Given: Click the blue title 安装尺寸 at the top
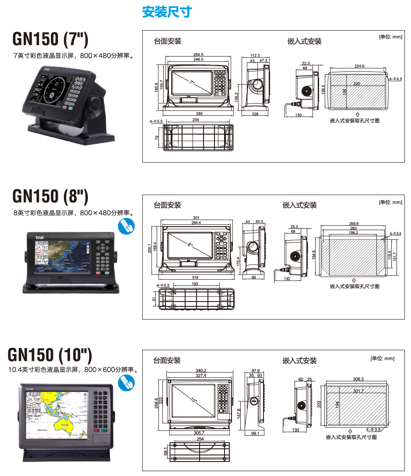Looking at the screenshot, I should [167, 12].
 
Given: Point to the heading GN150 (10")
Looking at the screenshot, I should [50, 354].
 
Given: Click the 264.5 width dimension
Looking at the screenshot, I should [198, 55].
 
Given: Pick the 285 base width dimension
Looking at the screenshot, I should [199, 114].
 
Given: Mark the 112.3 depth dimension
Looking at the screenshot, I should [255, 55].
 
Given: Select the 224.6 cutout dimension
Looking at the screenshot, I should [359, 66].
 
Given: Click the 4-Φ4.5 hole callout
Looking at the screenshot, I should [395, 79].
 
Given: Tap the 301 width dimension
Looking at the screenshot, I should [196, 218].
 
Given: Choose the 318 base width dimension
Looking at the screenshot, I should [195, 278].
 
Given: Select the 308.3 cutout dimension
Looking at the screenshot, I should [358, 379].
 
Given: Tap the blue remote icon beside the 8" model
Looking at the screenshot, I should [126, 226].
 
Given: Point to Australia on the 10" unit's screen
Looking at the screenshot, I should [66, 425].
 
